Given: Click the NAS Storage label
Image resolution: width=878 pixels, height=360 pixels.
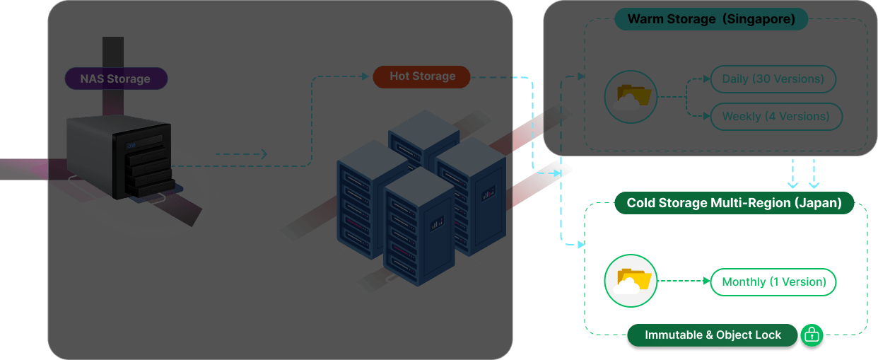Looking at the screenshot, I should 115,79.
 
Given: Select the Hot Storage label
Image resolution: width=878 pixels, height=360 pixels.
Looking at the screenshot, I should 422,76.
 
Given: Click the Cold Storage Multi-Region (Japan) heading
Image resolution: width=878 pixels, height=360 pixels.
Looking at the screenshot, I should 734,204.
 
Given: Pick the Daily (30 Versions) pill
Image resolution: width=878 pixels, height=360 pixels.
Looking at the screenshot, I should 773,79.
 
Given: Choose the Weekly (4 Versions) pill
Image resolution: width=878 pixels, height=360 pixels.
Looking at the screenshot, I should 775,117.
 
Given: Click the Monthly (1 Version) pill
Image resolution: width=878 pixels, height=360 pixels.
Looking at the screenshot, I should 773,282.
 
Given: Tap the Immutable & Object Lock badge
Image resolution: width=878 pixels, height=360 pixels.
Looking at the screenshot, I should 713,335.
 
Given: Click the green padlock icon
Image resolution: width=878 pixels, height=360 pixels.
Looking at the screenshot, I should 811,335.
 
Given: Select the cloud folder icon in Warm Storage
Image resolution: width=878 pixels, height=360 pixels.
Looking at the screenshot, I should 631,98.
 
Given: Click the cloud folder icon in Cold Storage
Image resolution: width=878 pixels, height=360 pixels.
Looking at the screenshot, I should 631,281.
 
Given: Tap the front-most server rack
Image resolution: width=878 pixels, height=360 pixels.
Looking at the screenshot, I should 418,226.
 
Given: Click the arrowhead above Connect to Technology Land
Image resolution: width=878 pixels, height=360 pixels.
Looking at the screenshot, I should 263,154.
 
